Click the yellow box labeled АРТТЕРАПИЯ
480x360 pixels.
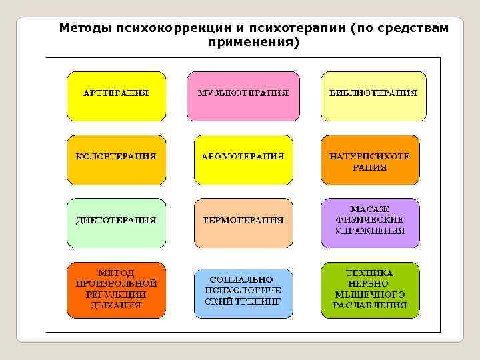click(x=115, y=95)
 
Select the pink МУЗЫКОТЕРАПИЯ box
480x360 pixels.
click(x=243, y=95)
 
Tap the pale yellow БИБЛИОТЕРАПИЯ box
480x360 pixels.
click(x=373, y=95)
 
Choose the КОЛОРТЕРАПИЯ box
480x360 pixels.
click(x=115, y=159)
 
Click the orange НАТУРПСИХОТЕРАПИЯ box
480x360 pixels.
click(x=370, y=159)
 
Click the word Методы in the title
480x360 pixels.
click(x=85, y=29)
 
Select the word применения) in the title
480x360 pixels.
click(x=254, y=43)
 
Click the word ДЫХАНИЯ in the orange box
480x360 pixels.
click(x=116, y=306)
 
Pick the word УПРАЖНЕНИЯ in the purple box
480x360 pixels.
click(x=371, y=231)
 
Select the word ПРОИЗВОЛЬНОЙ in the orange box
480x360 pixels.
click(x=116, y=283)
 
